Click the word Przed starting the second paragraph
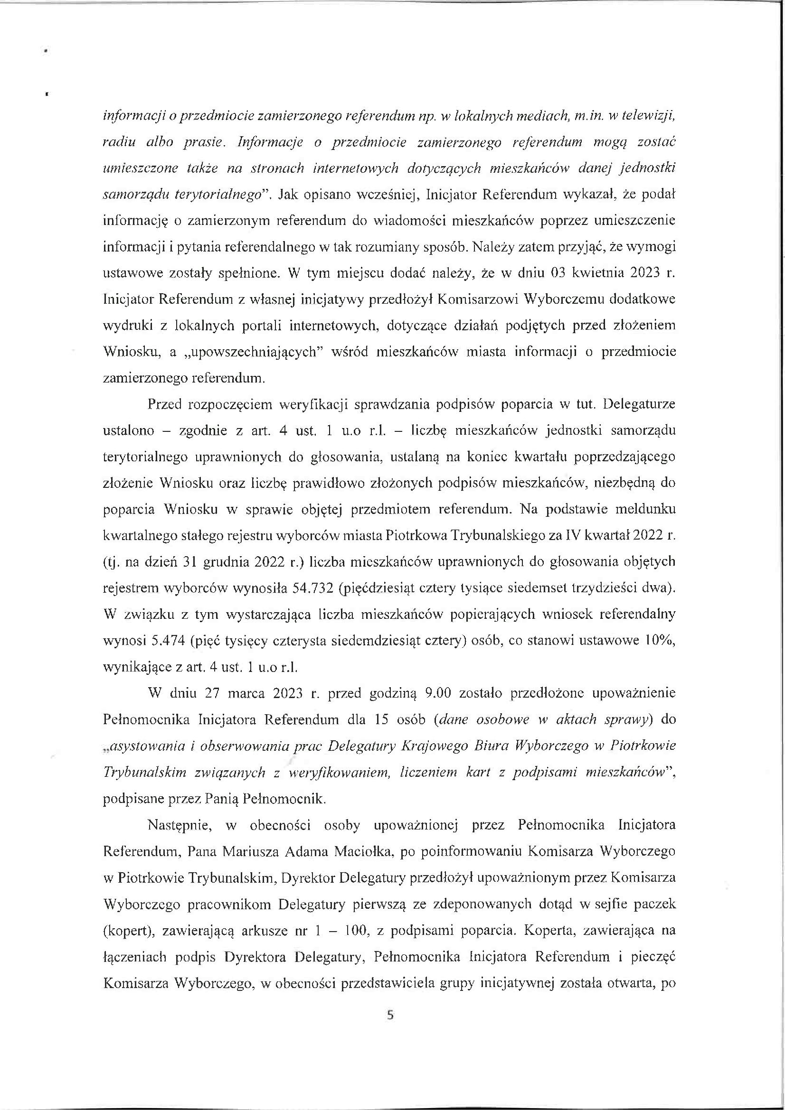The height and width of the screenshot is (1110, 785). (165, 405)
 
